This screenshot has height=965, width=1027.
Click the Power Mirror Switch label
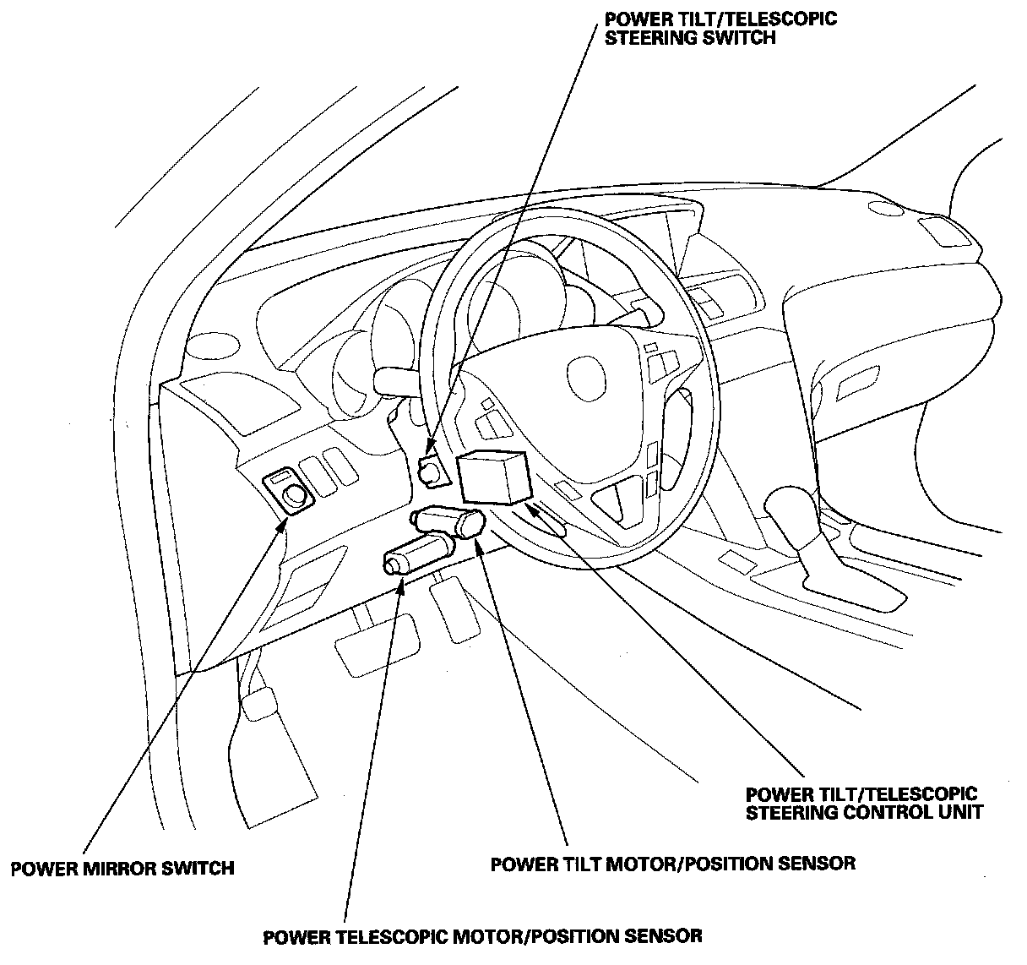tap(122, 868)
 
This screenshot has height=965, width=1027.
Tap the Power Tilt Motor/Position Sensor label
tap(673, 864)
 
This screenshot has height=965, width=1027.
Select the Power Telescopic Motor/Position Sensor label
tap(482, 936)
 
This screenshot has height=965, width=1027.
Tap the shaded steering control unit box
tap(493, 477)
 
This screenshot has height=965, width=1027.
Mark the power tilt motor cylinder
tap(448, 521)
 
